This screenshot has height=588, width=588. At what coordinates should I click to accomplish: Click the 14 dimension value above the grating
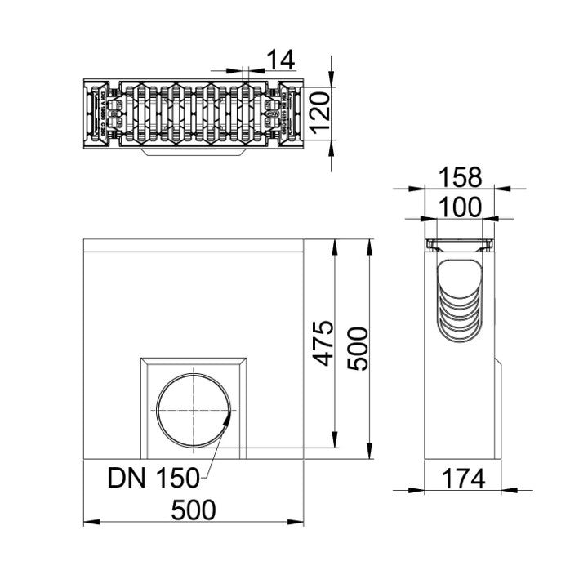pos(280,59)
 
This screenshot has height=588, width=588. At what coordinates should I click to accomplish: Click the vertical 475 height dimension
pos(324,343)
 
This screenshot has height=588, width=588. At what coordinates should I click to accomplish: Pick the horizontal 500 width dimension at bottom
pos(194,510)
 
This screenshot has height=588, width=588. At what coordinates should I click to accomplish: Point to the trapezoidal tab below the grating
pos(194,151)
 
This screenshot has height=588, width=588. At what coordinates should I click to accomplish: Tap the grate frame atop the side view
pos(461,247)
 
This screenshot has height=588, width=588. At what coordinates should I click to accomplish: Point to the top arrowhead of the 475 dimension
pos(335,244)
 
